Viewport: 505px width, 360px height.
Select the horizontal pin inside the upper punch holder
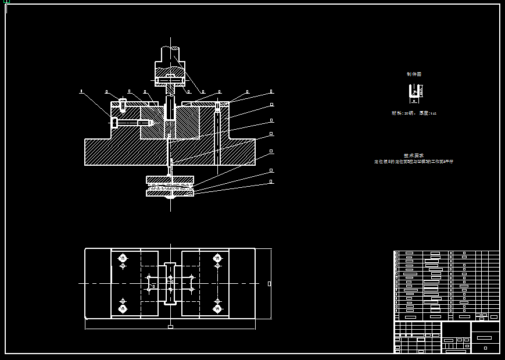pos(170,80)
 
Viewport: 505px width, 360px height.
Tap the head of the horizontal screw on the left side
pos(114,123)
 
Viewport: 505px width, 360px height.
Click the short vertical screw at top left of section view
pos(123,105)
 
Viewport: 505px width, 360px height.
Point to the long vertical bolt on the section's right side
pos(217,134)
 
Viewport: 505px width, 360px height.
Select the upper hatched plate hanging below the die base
pos(170,180)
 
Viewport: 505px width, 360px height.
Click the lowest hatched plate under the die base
pos(170,193)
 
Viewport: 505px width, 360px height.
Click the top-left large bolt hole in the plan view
pos(123,258)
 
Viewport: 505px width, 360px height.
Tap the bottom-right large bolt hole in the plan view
pos(217,308)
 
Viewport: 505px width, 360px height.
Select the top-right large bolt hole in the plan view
pos(217,258)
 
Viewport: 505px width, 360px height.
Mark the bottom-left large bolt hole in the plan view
pos(123,308)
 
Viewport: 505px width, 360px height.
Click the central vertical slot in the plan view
pos(170,283)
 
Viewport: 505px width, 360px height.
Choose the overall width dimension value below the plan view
pos(170,327)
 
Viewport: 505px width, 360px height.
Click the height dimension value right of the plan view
pos(269,284)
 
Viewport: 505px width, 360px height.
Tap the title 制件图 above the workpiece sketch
pos(414,74)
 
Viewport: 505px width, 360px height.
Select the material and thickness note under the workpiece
pos(414,113)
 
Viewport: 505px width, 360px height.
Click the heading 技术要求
pos(414,155)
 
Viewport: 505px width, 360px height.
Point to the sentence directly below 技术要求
pos(414,162)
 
